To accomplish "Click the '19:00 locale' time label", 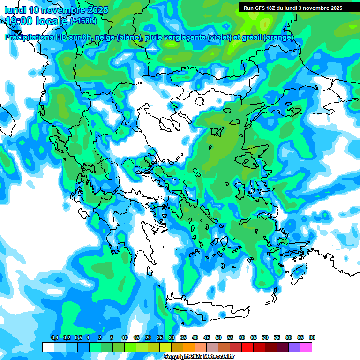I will click(37, 21).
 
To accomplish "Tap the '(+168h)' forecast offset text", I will click(83, 21).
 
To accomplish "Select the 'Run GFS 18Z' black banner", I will click(293, 8).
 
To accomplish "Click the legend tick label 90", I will click(312, 338).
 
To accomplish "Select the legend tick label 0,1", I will click(54, 338).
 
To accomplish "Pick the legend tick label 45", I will click(207, 338).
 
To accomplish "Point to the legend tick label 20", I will click(148, 338).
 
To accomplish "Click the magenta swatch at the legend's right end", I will click(307, 347).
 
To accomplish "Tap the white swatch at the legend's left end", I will click(48, 347).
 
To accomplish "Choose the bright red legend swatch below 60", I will click(247, 347).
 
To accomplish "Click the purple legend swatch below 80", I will click(294, 347).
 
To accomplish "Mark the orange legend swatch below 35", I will click(189, 347).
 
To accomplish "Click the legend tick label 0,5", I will click(78, 338).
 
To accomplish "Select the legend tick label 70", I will click(265, 338).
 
